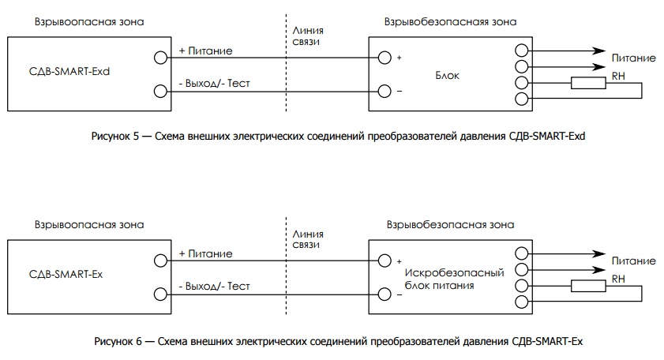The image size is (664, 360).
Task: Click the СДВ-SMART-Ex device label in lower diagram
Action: tap(66, 275)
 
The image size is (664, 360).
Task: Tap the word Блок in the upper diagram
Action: tap(447, 76)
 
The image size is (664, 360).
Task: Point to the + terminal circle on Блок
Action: tap(385, 58)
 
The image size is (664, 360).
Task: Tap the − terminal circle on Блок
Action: tap(385, 91)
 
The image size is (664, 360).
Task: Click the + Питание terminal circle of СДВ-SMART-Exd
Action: tap(161, 58)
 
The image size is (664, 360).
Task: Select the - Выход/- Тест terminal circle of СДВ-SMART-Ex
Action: tap(161, 294)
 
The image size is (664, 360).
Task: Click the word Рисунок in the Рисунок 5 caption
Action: tap(111, 137)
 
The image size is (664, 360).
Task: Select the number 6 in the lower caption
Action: tap(137, 341)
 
